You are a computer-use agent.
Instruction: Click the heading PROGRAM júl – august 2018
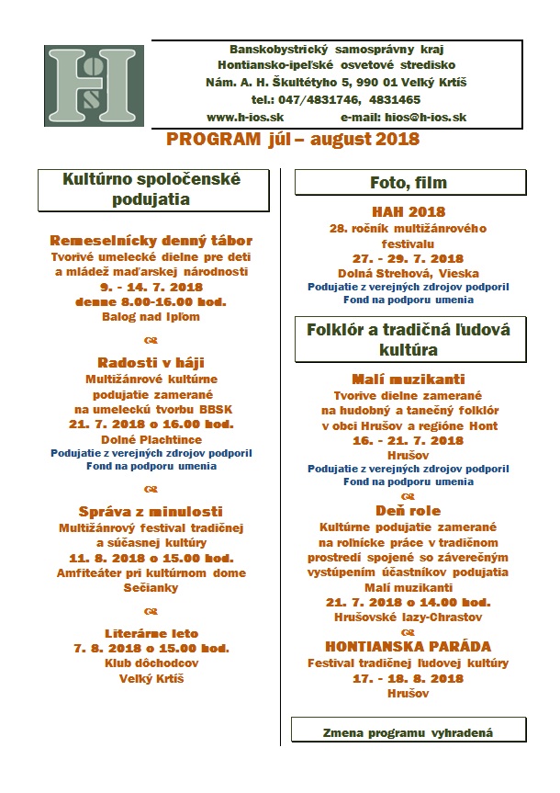[293, 140]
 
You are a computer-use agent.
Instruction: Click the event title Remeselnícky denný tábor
[151, 241]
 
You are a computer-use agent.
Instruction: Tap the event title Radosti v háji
[151, 362]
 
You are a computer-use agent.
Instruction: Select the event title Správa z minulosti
[151, 511]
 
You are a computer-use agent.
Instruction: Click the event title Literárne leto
[151, 633]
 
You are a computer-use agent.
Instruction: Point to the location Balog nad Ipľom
[151, 316]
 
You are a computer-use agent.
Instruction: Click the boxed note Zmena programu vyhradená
[409, 732]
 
